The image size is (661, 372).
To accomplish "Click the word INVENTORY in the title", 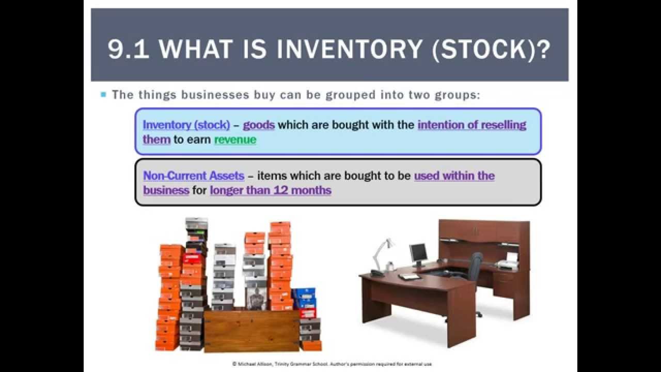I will pyautogui.click(x=350, y=49).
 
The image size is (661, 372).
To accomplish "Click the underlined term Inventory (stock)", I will pyautogui.click(x=186, y=125).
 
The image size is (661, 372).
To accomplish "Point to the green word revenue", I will pyautogui.click(x=235, y=139).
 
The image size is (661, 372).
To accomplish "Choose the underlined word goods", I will pyautogui.click(x=259, y=125).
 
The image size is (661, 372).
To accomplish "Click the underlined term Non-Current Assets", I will pyautogui.click(x=194, y=176).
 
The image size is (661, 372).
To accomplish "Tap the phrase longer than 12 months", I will pyautogui.click(x=271, y=190).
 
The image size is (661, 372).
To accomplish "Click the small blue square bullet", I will pyautogui.click(x=103, y=95).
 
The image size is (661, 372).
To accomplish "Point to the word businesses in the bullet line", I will pyautogui.click(x=208, y=95).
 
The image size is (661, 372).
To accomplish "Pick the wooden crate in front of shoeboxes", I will pyautogui.click(x=251, y=331).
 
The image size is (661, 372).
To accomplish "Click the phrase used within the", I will pyautogui.click(x=454, y=176).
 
